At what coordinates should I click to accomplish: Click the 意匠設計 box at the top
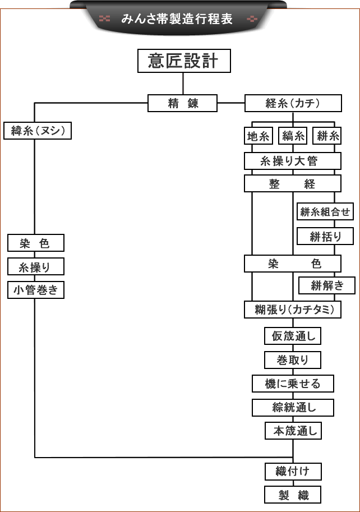(x=184, y=61)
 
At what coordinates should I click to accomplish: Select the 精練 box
(x=182, y=103)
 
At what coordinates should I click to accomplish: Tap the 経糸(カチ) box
(x=293, y=103)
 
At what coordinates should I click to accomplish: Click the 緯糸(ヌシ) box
(x=38, y=131)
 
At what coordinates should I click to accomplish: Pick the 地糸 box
(x=259, y=136)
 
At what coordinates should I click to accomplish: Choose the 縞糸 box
(x=293, y=136)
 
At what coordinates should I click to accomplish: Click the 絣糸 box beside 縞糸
(x=327, y=136)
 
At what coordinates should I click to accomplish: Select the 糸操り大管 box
(x=292, y=161)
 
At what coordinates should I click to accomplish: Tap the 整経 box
(x=292, y=184)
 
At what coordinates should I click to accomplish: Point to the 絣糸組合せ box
(x=325, y=211)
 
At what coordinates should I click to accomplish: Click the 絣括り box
(x=325, y=236)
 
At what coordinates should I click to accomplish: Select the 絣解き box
(x=326, y=285)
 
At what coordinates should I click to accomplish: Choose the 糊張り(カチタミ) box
(x=292, y=309)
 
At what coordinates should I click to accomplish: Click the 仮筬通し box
(x=293, y=336)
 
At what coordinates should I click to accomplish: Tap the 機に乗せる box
(x=293, y=384)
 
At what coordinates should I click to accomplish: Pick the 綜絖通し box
(x=293, y=407)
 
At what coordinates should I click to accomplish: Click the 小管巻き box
(x=36, y=290)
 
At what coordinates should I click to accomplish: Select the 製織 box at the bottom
(x=293, y=495)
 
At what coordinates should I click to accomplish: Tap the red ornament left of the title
(x=104, y=18)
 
